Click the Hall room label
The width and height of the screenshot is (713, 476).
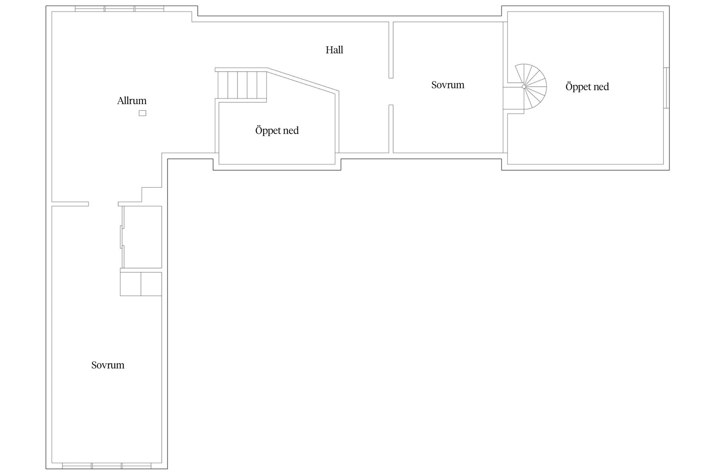click(x=334, y=50)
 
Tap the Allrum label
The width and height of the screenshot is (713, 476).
click(x=132, y=101)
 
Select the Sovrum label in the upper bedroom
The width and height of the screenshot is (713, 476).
click(x=447, y=85)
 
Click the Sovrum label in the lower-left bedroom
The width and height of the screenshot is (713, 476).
click(x=108, y=365)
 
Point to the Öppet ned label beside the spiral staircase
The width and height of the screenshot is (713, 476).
click(x=587, y=87)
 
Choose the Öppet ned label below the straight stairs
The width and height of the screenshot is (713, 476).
click(x=277, y=131)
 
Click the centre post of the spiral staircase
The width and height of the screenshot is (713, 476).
click(x=524, y=87)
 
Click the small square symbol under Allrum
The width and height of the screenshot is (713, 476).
click(x=143, y=113)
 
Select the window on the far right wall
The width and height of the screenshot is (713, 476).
click(x=667, y=88)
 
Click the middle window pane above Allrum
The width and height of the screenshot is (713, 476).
click(x=120, y=9)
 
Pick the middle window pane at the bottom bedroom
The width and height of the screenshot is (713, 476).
click(x=107, y=466)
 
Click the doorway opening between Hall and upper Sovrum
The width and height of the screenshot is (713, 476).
click(x=391, y=91)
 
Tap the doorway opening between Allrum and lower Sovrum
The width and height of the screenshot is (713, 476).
click(x=103, y=204)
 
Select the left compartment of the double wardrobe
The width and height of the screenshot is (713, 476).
click(x=130, y=284)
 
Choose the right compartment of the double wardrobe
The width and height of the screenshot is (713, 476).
click(x=151, y=284)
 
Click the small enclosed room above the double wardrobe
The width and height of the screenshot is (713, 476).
click(x=143, y=237)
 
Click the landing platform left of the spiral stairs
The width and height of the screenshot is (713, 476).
click(x=514, y=98)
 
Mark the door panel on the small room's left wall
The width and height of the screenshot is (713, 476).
click(x=121, y=237)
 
